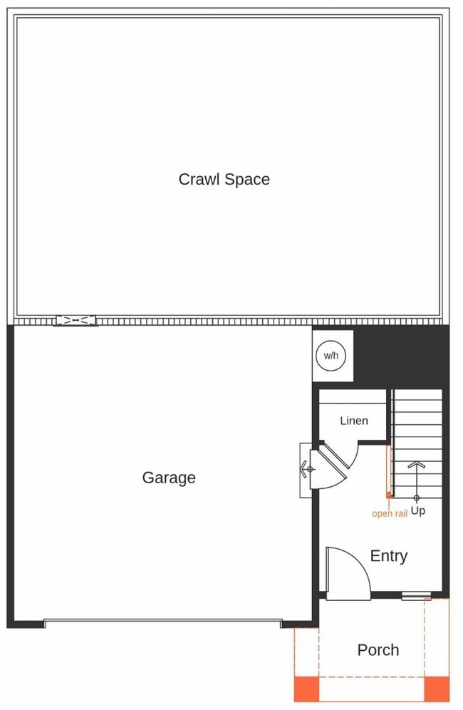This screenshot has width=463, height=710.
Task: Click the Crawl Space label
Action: click(x=224, y=179)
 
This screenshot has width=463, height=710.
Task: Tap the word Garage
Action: click(x=169, y=478)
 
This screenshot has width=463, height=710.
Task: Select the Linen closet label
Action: click(x=353, y=421)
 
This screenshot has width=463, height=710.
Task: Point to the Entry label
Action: click(x=388, y=556)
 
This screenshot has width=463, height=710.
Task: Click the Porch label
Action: click(x=378, y=650)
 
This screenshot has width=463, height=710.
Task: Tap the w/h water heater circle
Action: click(x=331, y=355)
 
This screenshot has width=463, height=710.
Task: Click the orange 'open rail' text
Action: click(x=389, y=513)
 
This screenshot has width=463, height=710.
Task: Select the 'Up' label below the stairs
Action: click(x=418, y=511)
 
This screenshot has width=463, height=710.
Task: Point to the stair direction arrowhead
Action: click(x=417, y=465)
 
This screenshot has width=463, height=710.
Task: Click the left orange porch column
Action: click(x=306, y=689)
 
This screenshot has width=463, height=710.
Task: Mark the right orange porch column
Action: click(x=437, y=689)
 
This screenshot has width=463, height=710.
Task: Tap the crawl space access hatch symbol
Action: click(x=75, y=321)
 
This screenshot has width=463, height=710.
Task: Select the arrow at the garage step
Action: click(x=308, y=469)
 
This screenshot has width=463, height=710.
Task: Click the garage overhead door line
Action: click(x=162, y=622)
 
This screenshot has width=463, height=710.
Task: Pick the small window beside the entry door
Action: click(x=416, y=596)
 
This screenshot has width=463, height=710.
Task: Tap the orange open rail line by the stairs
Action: click(x=388, y=470)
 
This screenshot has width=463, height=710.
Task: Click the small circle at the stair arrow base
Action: click(x=417, y=497)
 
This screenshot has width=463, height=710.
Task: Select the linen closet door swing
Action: click(x=335, y=463)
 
